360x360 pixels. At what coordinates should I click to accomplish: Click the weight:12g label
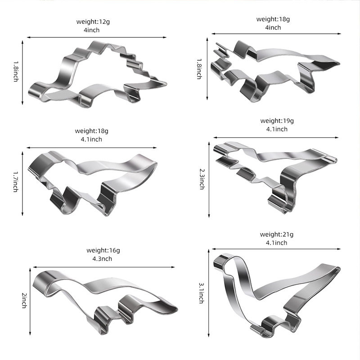[93, 22]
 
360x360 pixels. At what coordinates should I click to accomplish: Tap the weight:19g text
[277, 121]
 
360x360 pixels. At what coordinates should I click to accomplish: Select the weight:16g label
[103, 250]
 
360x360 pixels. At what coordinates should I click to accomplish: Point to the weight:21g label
[277, 234]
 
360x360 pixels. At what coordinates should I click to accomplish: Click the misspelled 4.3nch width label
[102, 259]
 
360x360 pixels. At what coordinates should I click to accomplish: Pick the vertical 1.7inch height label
[16, 181]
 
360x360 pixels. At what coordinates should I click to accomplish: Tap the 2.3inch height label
[202, 179]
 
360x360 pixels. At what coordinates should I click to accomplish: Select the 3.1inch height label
[201, 293]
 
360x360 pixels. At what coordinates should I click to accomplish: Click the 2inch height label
[24, 300]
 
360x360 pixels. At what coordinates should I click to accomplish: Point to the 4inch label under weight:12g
[92, 30]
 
